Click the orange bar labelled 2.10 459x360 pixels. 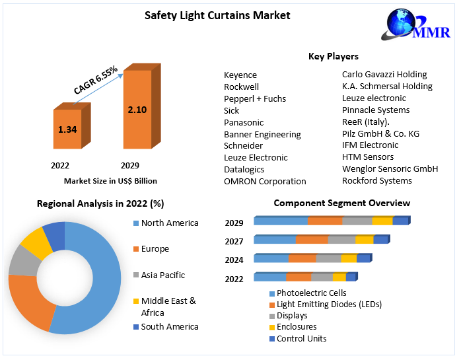tap(137, 110)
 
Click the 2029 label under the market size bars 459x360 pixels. tap(130, 165)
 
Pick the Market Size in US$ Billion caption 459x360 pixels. tap(110, 180)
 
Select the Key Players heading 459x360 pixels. tap(334, 57)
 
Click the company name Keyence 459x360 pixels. tap(240, 75)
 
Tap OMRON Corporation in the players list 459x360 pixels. tap(265, 181)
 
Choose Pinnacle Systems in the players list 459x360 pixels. tap(376, 110)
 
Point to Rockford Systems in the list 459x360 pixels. tap(376, 180)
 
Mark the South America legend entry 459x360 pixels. tap(170, 326)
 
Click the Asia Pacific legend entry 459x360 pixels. tap(163, 275)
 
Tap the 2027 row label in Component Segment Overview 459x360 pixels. tap(234, 241)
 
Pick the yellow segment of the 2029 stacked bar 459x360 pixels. tap(382, 221)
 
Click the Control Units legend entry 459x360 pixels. tap(301, 339)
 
